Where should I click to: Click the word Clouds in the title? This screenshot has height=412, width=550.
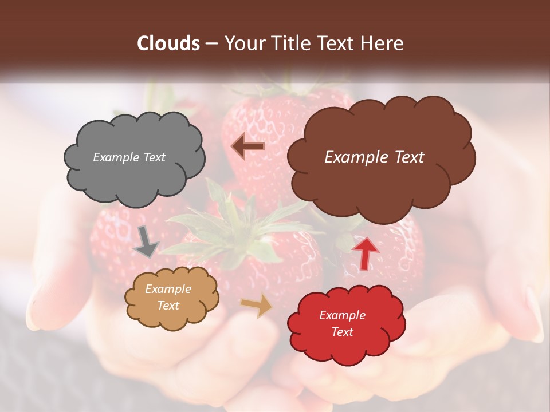168,43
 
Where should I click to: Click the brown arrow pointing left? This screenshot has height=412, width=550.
247,146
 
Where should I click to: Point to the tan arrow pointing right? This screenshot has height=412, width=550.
257,307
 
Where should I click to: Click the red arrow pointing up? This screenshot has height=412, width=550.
365,252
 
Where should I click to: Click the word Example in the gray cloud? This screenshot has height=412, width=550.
115,157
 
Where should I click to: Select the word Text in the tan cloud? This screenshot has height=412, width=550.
168,306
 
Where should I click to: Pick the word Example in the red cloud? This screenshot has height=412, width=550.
342,315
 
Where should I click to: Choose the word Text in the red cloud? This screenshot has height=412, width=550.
342,332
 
